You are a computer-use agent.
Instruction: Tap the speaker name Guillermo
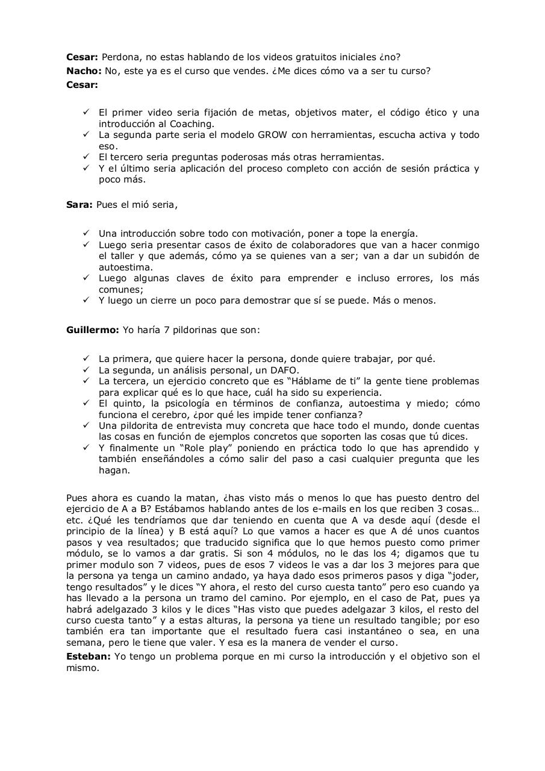(92, 330)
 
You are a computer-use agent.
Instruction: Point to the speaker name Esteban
(88, 656)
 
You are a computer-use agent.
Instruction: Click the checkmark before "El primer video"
(86, 113)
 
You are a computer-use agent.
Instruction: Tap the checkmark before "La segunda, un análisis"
(86, 370)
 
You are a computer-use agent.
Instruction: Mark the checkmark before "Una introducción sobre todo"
(86, 233)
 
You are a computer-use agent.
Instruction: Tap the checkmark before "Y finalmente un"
(86, 448)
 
